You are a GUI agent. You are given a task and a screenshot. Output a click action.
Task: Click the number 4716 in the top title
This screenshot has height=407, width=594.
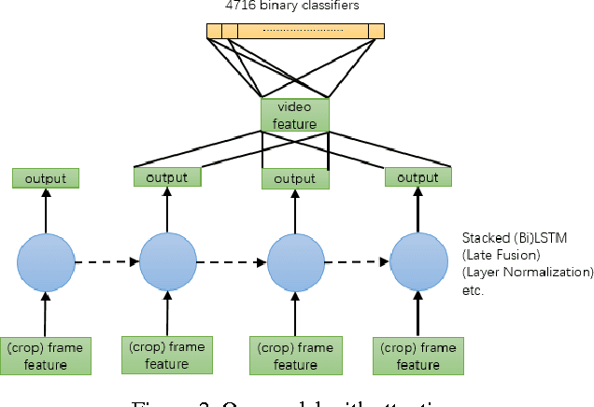pyautogui.click(x=240, y=6)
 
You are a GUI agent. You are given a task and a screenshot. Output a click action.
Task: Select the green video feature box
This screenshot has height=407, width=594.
pyautogui.click(x=295, y=117)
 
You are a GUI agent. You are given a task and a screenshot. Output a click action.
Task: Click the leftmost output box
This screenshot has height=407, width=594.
pyautogui.click(x=45, y=177)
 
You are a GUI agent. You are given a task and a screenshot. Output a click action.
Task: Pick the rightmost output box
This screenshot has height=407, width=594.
pyautogui.click(x=418, y=176)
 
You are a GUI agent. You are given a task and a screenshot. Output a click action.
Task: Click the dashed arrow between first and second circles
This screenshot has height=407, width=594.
pyautogui.click(x=106, y=260)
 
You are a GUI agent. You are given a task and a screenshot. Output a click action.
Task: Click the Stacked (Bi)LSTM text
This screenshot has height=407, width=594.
pyautogui.click(x=512, y=238)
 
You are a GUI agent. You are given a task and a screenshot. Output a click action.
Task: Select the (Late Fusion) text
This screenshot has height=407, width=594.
pyautogui.click(x=503, y=255)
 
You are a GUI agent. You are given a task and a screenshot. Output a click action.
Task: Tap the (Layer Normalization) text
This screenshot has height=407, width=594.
pyautogui.click(x=528, y=272)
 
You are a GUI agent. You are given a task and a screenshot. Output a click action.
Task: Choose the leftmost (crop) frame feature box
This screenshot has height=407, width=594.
pyautogui.click(x=45, y=356)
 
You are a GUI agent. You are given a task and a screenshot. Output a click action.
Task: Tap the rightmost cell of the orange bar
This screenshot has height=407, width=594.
pyautogui.click(x=376, y=32)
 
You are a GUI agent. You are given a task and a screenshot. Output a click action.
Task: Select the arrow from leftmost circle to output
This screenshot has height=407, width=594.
pyautogui.click(x=45, y=211)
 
